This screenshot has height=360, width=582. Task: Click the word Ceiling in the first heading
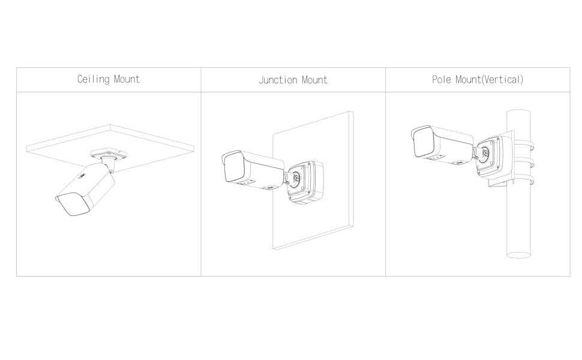[x=93, y=79]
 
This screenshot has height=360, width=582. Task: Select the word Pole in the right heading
[x=442, y=79]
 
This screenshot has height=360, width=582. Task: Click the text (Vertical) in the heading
[x=503, y=79]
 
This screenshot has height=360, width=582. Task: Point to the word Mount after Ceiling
[x=127, y=79]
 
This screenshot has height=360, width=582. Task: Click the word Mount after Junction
[x=314, y=80]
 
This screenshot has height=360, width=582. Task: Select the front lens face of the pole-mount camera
[x=424, y=143]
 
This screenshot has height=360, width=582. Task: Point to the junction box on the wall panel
[x=305, y=182]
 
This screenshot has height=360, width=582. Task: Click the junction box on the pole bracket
[x=494, y=157]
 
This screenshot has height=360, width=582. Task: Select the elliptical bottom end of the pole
[x=518, y=255]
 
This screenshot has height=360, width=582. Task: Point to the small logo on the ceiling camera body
[x=82, y=176]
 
